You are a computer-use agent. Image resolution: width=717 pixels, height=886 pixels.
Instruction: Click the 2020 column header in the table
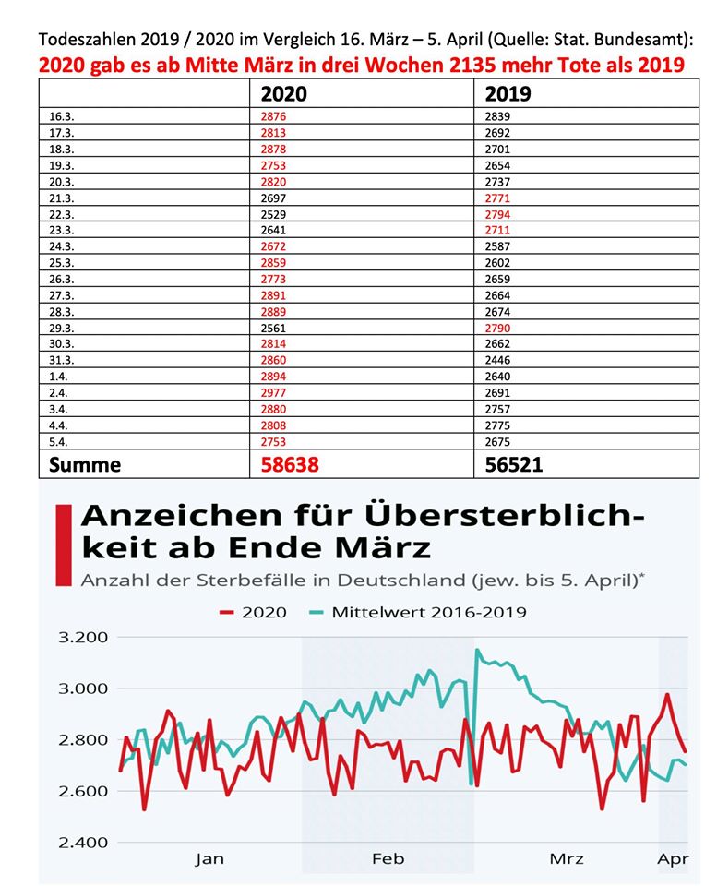(x=283, y=94)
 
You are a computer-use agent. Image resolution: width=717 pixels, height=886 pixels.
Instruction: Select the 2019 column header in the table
(x=508, y=94)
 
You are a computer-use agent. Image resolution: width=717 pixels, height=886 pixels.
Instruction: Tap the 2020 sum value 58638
(x=290, y=464)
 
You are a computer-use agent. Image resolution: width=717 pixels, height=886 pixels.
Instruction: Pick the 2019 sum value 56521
(x=514, y=464)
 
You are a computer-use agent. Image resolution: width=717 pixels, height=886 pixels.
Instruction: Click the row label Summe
(x=85, y=464)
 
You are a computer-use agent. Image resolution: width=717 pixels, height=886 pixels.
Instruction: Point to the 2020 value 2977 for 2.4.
(x=273, y=393)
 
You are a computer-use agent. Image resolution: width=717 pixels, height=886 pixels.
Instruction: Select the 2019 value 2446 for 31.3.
(x=497, y=360)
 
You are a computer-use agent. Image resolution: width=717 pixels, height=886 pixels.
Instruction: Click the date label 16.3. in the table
(x=61, y=116)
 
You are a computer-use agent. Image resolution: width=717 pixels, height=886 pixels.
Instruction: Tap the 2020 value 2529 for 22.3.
(x=273, y=215)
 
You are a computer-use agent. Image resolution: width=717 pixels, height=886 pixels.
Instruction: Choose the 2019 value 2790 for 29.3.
(x=497, y=329)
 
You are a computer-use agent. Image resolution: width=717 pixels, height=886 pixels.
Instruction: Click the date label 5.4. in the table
(x=57, y=442)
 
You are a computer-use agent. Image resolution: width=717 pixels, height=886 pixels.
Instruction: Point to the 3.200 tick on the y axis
(x=83, y=638)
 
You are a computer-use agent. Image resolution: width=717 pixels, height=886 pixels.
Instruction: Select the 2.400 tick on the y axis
(x=83, y=843)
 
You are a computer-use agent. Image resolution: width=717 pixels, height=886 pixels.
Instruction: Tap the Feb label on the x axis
(x=388, y=859)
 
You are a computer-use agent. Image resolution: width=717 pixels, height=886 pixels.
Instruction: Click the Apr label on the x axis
(x=673, y=859)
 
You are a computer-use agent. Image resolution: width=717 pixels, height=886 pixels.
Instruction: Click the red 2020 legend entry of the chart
(x=253, y=613)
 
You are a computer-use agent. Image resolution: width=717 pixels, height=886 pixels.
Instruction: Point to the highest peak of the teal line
(x=477, y=651)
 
